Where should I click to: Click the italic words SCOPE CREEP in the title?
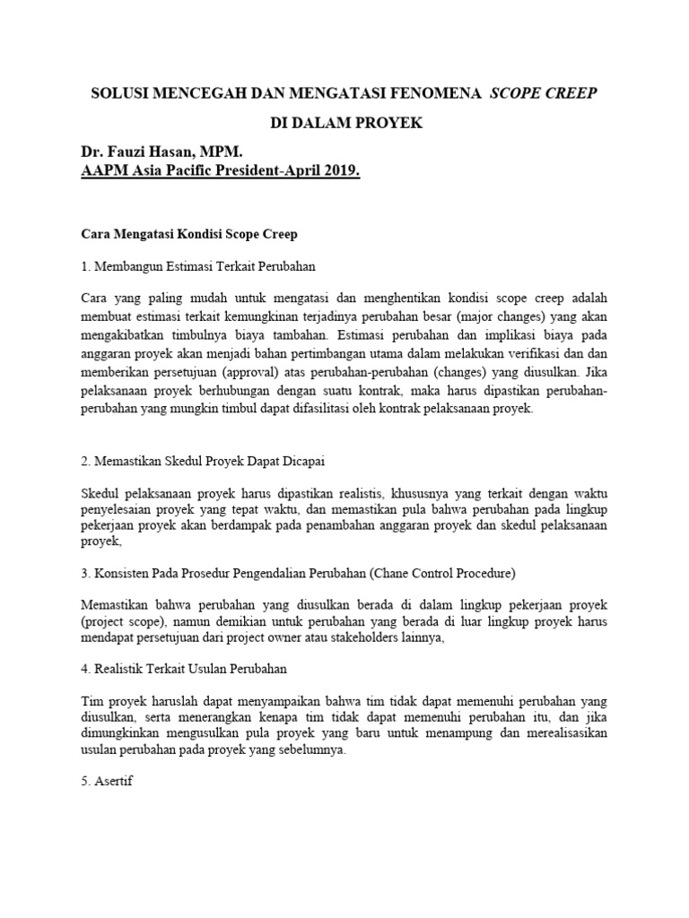(543, 92)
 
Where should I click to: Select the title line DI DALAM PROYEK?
(344, 123)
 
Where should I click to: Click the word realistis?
(350, 492)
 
